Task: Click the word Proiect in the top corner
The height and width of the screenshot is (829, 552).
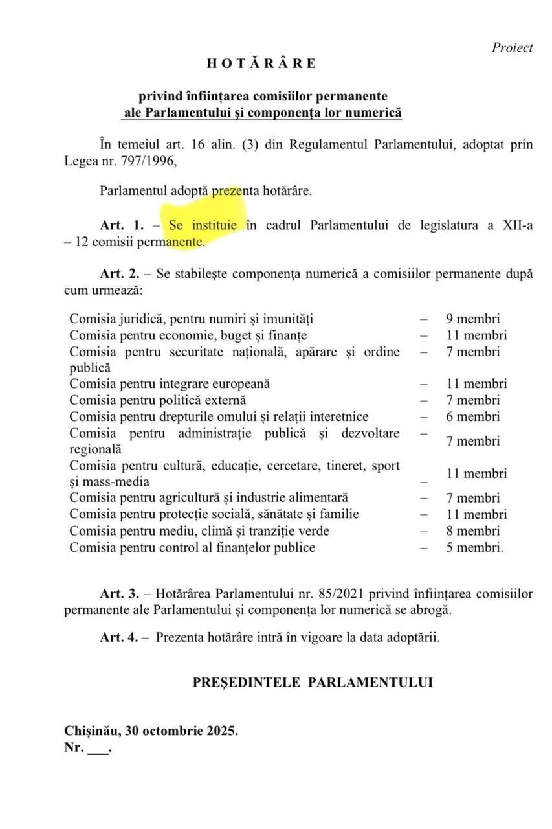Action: pos(512,47)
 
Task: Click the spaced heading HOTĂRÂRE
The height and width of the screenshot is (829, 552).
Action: pos(261,63)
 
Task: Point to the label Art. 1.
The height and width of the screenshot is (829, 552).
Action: pos(122,225)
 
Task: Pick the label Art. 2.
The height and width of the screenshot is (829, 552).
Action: pos(122,274)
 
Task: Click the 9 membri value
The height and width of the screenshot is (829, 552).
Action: pos(472,319)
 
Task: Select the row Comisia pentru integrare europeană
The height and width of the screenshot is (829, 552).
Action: pos(170,383)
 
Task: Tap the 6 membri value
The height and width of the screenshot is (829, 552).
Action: pos(472,416)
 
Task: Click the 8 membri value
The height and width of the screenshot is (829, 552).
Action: pos(472,531)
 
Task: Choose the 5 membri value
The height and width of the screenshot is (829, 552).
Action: pos(474,548)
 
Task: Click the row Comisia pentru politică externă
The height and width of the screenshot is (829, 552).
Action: pos(158,400)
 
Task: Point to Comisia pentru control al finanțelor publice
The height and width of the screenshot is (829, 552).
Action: pos(192,548)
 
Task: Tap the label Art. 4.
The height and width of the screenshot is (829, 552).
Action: pos(119,637)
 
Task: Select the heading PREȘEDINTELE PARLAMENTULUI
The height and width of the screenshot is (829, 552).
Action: pos(313,682)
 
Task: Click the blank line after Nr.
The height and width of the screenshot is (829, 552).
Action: pos(97,748)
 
